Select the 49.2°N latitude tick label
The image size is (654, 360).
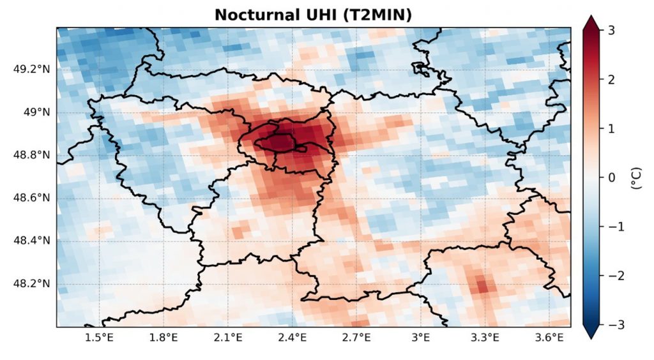tap(31, 70)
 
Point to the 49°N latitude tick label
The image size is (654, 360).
tap(36, 112)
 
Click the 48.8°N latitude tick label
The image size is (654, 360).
tap(31, 155)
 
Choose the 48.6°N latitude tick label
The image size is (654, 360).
tap(31, 198)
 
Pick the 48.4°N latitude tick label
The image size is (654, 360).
tap(31, 241)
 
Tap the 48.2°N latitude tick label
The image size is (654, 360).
tap(31, 283)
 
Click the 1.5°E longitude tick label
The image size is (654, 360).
tap(99, 337)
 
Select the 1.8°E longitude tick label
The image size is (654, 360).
tap(163, 337)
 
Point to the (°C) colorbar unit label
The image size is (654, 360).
tap(636, 177)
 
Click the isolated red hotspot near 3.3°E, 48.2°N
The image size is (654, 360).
tap(482, 285)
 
